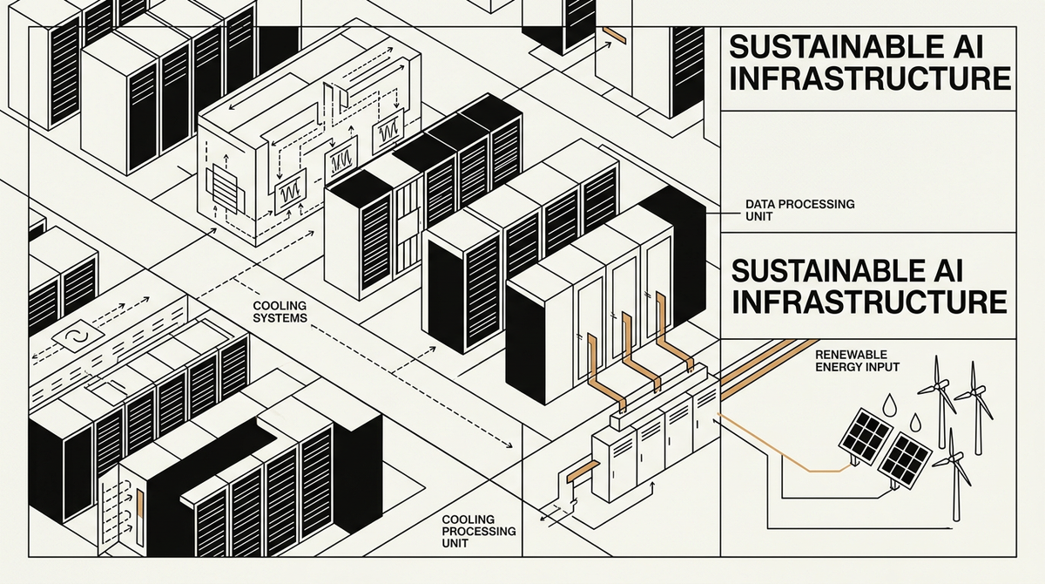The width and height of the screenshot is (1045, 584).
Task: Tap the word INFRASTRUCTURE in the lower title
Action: [871, 301]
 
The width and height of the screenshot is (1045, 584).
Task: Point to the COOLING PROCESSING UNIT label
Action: [478, 530]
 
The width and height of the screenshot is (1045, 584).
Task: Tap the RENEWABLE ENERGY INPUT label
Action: [858, 362]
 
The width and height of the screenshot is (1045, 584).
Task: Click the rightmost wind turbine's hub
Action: [974, 396]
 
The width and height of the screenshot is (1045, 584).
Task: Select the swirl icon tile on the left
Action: [68, 337]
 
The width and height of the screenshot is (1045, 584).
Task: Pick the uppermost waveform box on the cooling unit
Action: [387, 129]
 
